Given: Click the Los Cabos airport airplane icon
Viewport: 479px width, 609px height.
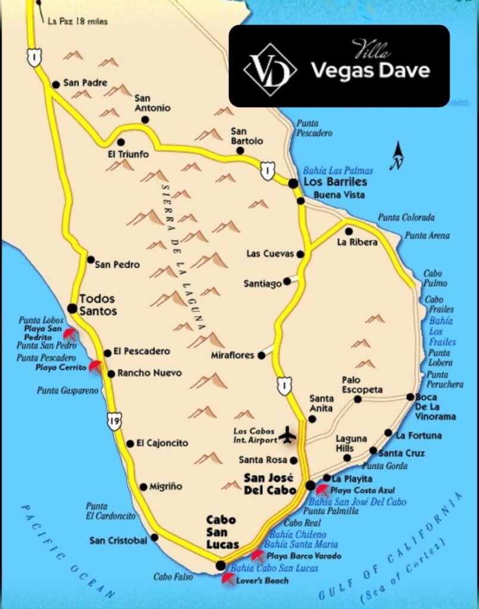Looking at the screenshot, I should (x=287, y=435).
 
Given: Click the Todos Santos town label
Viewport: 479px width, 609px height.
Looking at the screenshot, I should (x=98, y=304).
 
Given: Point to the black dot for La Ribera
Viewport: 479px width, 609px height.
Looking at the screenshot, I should (x=349, y=231).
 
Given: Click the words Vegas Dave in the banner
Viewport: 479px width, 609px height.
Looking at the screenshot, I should (x=370, y=71).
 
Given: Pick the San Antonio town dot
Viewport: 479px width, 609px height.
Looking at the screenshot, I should (x=145, y=120).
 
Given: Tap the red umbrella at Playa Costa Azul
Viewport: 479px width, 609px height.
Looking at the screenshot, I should (x=322, y=490).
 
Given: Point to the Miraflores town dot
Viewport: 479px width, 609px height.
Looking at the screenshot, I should (x=261, y=355).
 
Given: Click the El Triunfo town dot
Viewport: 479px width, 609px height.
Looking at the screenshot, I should (x=121, y=142).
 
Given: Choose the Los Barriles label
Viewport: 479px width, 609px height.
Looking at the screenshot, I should (x=335, y=182).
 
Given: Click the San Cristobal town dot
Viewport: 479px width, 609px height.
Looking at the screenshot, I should (x=155, y=537).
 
